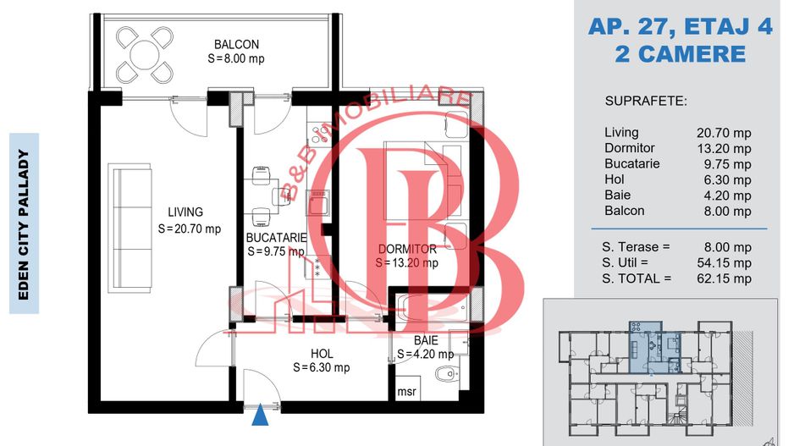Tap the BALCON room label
point(236,45)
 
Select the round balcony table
point(144,55)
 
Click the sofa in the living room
point(130,228)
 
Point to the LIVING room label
point(185,212)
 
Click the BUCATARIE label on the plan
point(277,238)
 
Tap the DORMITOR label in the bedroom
point(407,249)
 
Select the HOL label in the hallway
point(322,354)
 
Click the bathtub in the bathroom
point(433,307)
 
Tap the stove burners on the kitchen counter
point(319,133)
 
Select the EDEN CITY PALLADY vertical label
point(24,224)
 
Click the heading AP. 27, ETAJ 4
point(681,26)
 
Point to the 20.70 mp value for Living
point(724,133)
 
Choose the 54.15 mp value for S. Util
point(724,262)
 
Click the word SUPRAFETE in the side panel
point(646,102)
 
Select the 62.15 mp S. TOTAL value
point(724,278)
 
